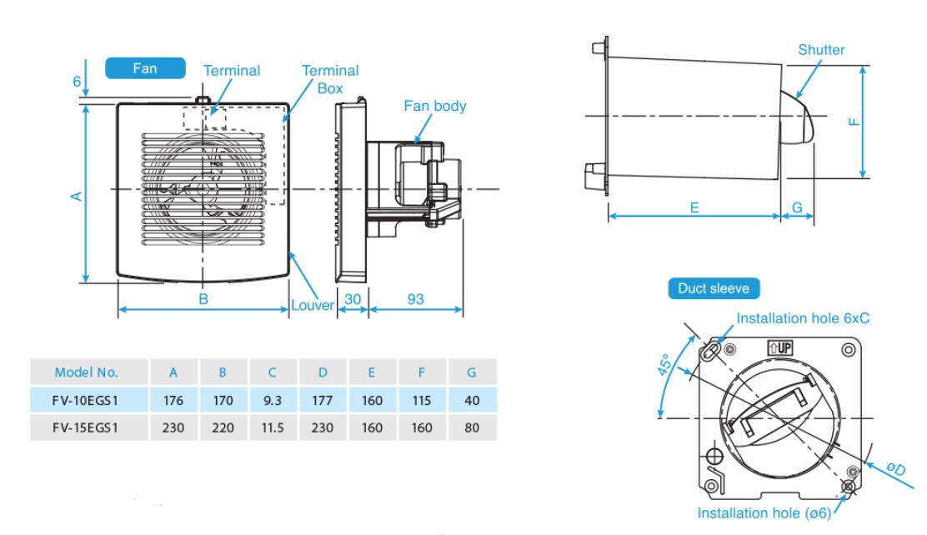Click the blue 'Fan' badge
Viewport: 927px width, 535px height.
tap(145, 68)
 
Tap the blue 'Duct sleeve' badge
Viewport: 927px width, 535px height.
tap(714, 288)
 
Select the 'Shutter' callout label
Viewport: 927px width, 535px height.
tap(820, 50)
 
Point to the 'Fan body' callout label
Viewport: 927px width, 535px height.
tap(434, 106)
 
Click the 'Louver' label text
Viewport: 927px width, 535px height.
tap(312, 305)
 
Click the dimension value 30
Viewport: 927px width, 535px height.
tap(352, 299)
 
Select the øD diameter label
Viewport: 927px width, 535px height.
tap(894, 470)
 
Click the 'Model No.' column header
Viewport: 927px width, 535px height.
tap(87, 372)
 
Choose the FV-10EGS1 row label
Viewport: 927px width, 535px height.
tap(87, 400)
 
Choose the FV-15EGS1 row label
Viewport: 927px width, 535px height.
tap(87, 427)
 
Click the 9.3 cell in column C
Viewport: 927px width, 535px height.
tap(272, 400)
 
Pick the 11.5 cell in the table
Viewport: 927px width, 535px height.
tap(272, 427)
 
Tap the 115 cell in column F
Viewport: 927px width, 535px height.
tap(422, 400)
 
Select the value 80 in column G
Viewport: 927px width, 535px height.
tap(472, 427)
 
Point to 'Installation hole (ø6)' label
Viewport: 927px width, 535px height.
tap(764, 513)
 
